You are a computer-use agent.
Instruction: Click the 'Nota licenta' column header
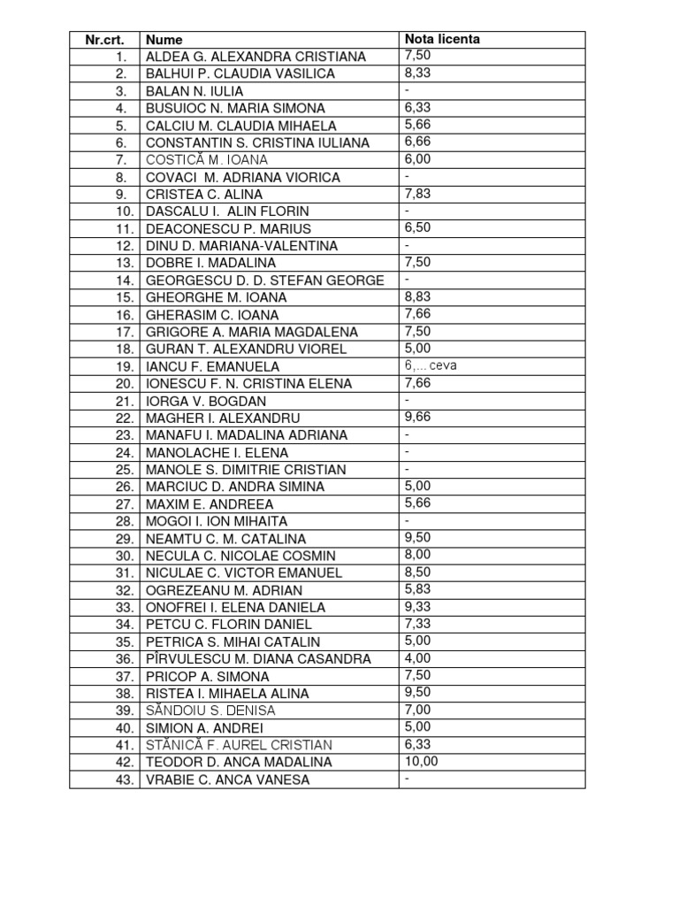click(442, 40)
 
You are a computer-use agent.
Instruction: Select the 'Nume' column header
click(164, 40)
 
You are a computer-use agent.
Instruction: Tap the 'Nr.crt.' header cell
click(104, 40)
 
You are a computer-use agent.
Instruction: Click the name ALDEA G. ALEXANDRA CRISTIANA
click(256, 57)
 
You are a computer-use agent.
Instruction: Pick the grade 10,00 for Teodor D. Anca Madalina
click(421, 761)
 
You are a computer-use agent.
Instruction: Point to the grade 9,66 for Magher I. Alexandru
click(417, 417)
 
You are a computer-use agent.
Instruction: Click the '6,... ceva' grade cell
click(431, 365)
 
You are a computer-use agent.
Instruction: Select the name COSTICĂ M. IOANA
click(207, 160)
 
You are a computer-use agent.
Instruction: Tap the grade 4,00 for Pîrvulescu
click(417, 657)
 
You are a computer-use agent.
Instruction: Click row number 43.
click(124, 779)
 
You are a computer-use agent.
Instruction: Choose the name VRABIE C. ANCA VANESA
click(228, 779)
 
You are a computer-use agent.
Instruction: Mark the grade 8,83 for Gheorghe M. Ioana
click(417, 296)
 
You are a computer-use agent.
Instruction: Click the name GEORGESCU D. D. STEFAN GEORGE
click(265, 280)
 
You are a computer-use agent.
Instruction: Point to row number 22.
click(124, 418)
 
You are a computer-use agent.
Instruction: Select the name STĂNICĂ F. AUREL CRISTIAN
click(240, 745)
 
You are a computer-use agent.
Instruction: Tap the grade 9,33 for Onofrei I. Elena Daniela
click(417, 606)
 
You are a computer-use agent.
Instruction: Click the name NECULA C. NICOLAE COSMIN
click(240, 556)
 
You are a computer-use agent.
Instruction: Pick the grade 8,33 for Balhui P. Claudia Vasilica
click(417, 73)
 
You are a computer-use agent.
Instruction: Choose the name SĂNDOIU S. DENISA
click(210, 710)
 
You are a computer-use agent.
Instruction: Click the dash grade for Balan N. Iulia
click(408, 90)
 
